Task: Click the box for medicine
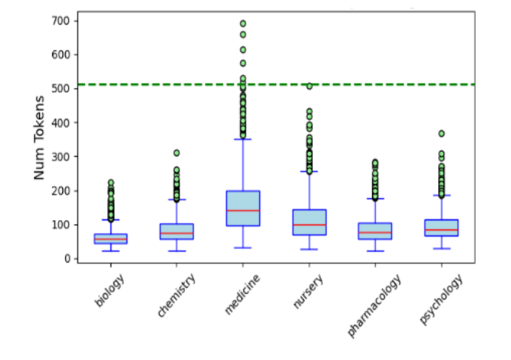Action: pyautogui.click(x=243, y=208)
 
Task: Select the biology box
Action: pyautogui.click(x=110, y=239)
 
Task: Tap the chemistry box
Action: pyautogui.click(x=176, y=232)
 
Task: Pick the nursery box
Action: pyautogui.click(x=309, y=222)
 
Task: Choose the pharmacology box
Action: pyautogui.click(x=375, y=231)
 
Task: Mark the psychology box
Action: pyautogui.click(x=441, y=228)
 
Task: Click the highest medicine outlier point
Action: pyautogui.click(x=243, y=24)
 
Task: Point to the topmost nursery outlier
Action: pyautogui.click(x=309, y=86)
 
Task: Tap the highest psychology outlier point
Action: pyautogui.click(x=441, y=134)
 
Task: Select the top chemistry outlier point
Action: pyautogui.click(x=176, y=153)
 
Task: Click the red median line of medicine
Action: pyautogui.click(x=243, y=210)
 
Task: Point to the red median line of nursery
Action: pyautogui.click(x=309, y=225)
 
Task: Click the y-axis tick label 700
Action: pyautogui.click(x=61, y=21)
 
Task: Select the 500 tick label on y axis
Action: pyautogui.click(x=61, y=89)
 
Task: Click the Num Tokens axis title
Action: pyautogui.click(x=40, y=139)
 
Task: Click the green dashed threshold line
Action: pyautogui.click(x=276, y=84)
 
